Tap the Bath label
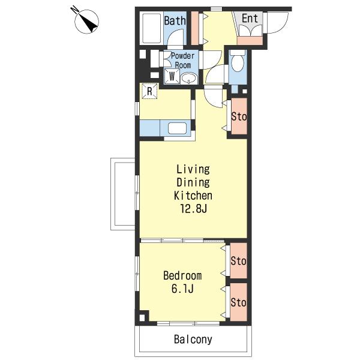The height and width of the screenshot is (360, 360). pos(175,20)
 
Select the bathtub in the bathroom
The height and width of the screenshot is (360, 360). pos(151,28)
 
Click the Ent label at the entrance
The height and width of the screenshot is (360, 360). pos(250,18)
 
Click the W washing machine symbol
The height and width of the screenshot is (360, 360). pos(172,76)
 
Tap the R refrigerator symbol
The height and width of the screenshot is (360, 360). pos(149,91)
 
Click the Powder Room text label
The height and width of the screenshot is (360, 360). pos(183,61)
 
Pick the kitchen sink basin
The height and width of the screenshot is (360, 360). pos(177,128)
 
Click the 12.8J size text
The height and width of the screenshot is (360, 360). pos(194,208)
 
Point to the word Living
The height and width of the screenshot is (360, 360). pos(193,169)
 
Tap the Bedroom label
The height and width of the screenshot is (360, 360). pos(182,275)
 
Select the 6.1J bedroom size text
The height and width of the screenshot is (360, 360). pos(182,289)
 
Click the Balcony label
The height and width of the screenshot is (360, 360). pos(193,340)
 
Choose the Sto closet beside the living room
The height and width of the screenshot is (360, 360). pos(239,116)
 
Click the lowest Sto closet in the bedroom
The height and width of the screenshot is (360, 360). pos(239,302)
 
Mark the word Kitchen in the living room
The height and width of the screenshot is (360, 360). pos(193,196)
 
